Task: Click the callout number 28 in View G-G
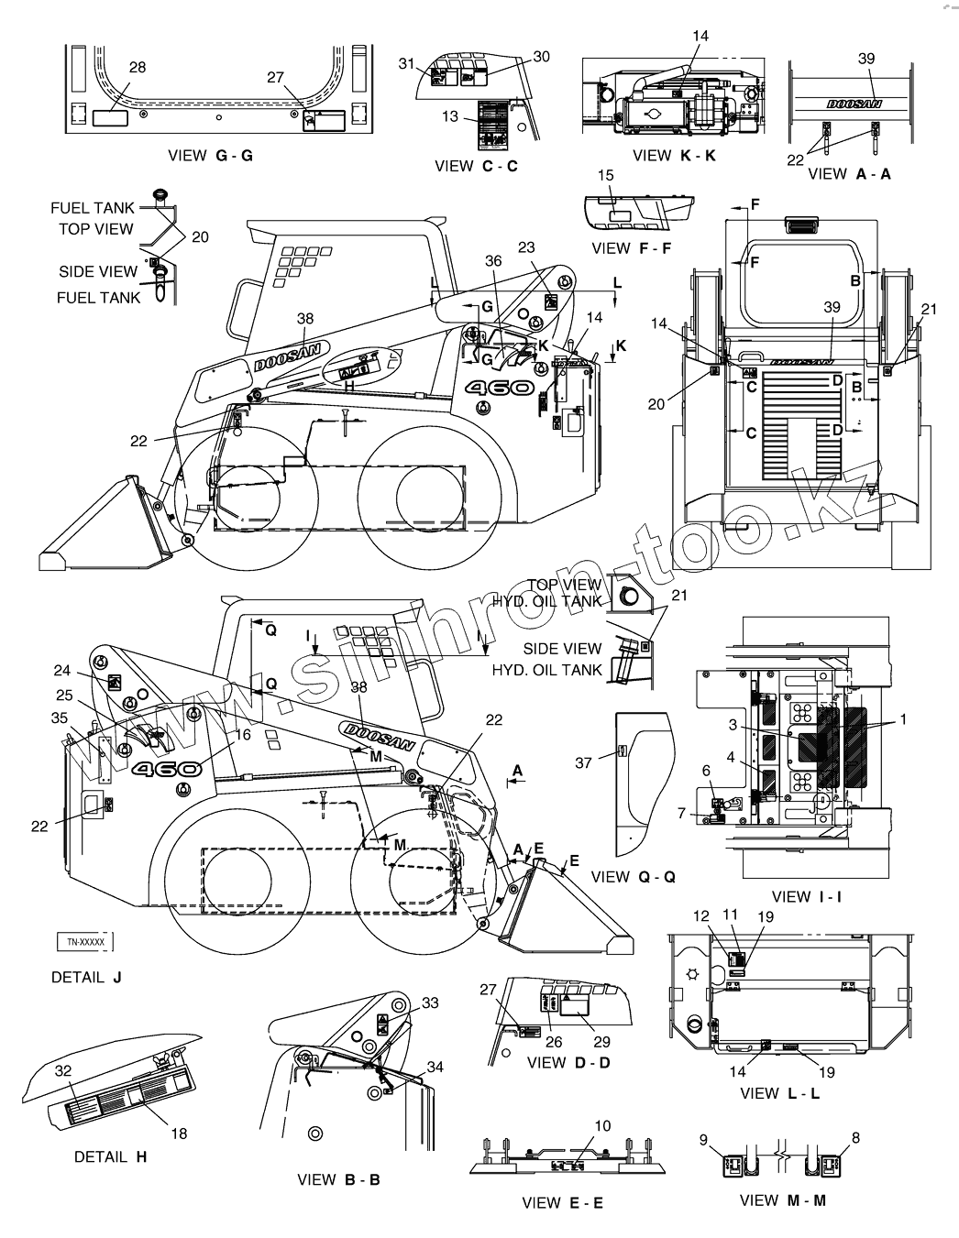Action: pyautogui.click(x=137, y=68)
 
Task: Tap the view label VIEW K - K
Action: pyautogui.click(x=674, y=156)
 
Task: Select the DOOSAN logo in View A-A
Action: pyautogui.click(x=854, y=104)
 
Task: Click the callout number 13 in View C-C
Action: pyautogui.click(x=450, y=116)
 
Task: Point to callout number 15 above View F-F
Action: pyautogui.click(x=605, y=175)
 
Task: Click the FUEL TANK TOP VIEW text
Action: pyautogui.click(x=95, y=218)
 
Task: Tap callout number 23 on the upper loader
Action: pyautogui.click(x=525, y=247)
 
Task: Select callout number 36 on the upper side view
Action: pyautogui.click(x=493, y=260)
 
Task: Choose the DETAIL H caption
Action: pyautogui.click(x=111, y=1156)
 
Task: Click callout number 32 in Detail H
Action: pyautogui.click(x=62, y=1069)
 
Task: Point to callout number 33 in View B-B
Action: pyautogui.click(x=430, y=1002)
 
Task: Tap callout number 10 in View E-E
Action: pyautogui.click(x=602, y=1125)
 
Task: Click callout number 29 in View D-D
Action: pyautogui.click(x=601, y=1042)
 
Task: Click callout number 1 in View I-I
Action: pyautogui.click(x=903, y=720)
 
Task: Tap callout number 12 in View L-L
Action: pyautogui.click(x=701, y=915)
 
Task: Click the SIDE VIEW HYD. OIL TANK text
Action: pyautogui.click(x=560, y=659)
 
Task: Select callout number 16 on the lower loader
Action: pyautogui.click(x=242, y=734)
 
